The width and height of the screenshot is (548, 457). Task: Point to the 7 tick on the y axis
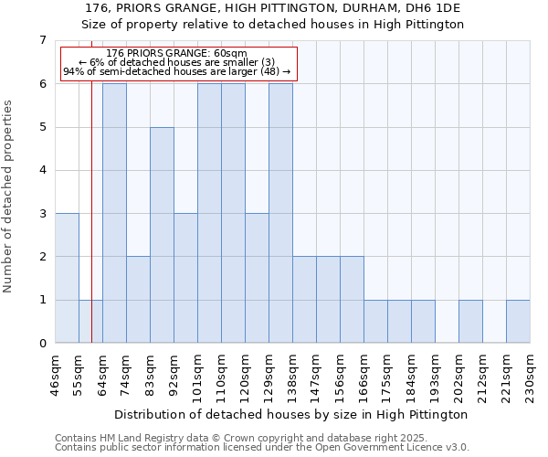pyautogui.click(x=42, y=40)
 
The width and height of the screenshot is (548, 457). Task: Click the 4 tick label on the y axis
pyautogui.click(x=42, y=170)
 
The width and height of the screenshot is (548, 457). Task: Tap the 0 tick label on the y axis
pyautogui.click(x=42, y=344)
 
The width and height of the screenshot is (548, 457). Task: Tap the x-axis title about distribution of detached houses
pyautogui.click(x=292, y=414)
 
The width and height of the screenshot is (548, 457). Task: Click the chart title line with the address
pyautogui.click(x=273, y=8)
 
